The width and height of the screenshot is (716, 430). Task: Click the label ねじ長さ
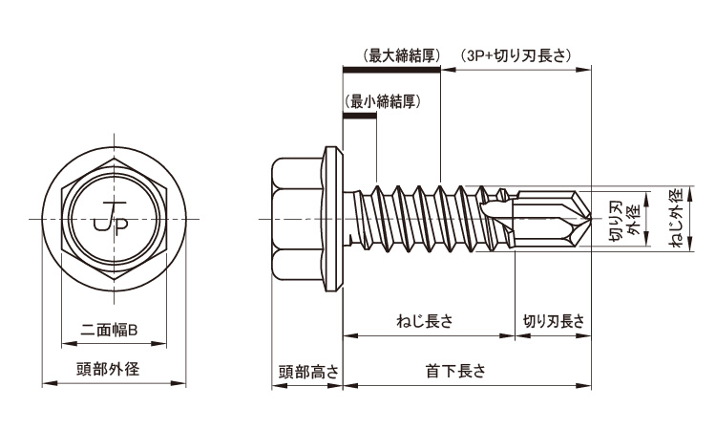pos(423,322)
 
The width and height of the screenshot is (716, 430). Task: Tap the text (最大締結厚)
pos(401,55)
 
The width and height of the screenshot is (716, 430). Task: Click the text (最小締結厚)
pos(379,100)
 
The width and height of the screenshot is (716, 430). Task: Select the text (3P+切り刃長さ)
pos(516,55)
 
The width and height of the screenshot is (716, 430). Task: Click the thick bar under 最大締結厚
pos(391,70)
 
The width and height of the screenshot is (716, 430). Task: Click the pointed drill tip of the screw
pos(581,219)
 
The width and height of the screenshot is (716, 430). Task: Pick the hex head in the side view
pos(301,219)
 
